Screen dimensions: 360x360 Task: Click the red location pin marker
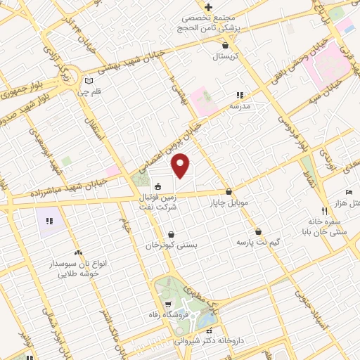point(181,165)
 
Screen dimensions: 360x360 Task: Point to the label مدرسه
point(240,105)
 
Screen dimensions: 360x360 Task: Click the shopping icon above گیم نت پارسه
point(258,231)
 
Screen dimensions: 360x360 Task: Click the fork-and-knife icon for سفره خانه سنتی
point(324,211)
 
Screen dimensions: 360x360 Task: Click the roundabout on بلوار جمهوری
point(74,73)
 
